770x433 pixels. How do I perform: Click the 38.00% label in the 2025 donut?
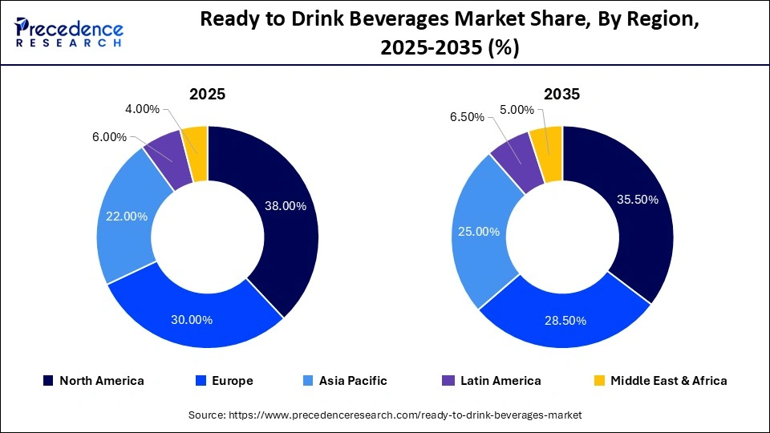pos(286,206)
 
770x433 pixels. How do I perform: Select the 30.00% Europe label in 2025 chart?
pos(192,320)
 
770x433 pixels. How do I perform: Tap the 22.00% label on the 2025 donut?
pos(126,216)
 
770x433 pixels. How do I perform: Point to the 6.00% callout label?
pos(110,137)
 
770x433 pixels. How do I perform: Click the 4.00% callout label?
pos(143,109)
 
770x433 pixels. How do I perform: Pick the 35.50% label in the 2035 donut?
pos(638,200)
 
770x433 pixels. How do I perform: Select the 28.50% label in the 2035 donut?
pos(565,321)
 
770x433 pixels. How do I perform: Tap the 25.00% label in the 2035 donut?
pos(479,232)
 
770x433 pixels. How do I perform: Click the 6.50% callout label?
pos(467,117)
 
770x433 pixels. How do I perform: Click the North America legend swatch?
pos(48,381)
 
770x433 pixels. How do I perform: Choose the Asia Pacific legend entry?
pos(351,381)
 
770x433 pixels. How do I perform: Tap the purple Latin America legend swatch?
pos(448,381)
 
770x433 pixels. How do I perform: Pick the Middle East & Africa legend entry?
pos(668,381)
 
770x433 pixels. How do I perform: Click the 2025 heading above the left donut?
pos(207,94)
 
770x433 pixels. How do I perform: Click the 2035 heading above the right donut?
pos(562,94)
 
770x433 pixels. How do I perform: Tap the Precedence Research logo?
pos(69,32)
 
